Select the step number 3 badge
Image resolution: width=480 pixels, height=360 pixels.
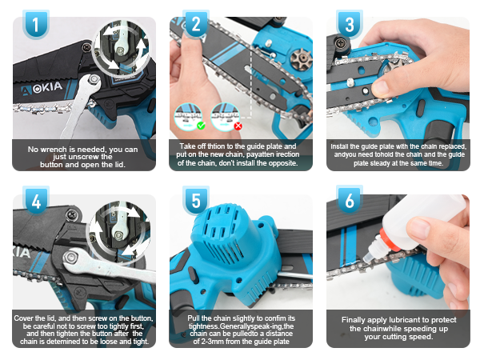pos(349,25)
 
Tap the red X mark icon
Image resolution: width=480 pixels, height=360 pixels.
pos(238,126)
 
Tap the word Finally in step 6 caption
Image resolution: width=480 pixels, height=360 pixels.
pos(354,320)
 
